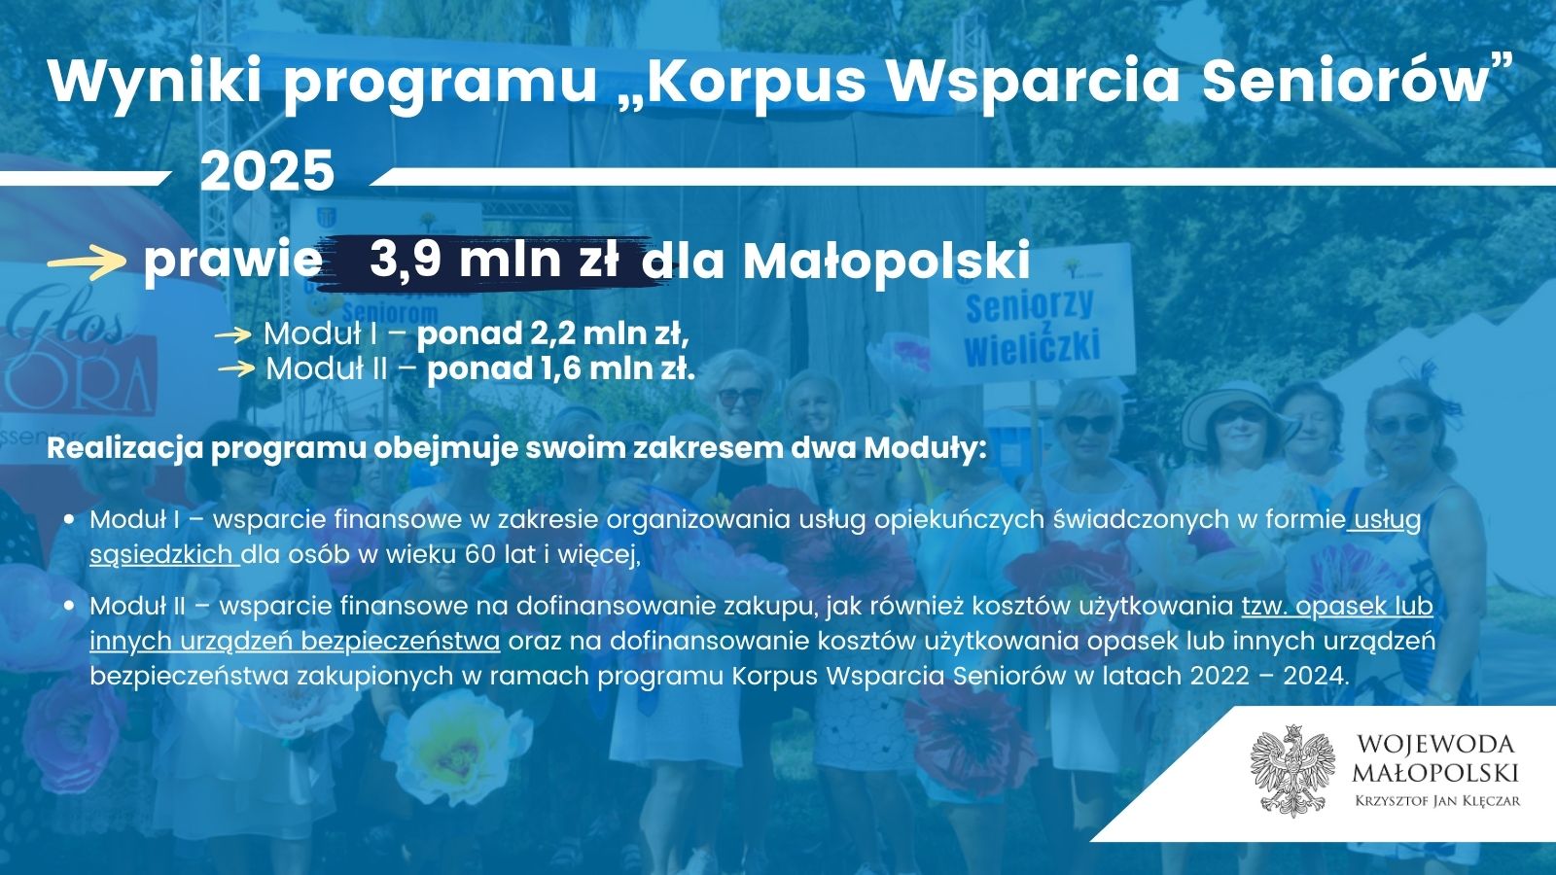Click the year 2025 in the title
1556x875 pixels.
click(x=267, y=171)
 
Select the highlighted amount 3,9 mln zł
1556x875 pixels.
click(x=494, y=260)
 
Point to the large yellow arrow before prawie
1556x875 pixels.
click(x=87, y=263)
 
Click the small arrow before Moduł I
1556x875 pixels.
click(x=232, y=335)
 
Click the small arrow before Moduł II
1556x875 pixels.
click(x=237, y=368)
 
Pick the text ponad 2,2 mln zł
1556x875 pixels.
click(x=553, y=334)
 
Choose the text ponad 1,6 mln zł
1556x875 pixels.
click(x=561, y=368)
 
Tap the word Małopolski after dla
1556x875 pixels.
click(x=887, y=262)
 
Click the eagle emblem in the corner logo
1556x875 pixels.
click(x=1292, y=771)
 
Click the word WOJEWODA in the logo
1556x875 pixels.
click(x=1435, y=745)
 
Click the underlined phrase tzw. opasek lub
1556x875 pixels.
click(x=1337, y=607)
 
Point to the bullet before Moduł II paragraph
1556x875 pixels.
click(x=69, y=607)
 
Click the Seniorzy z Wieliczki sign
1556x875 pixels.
click(x=1031, y=312)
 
